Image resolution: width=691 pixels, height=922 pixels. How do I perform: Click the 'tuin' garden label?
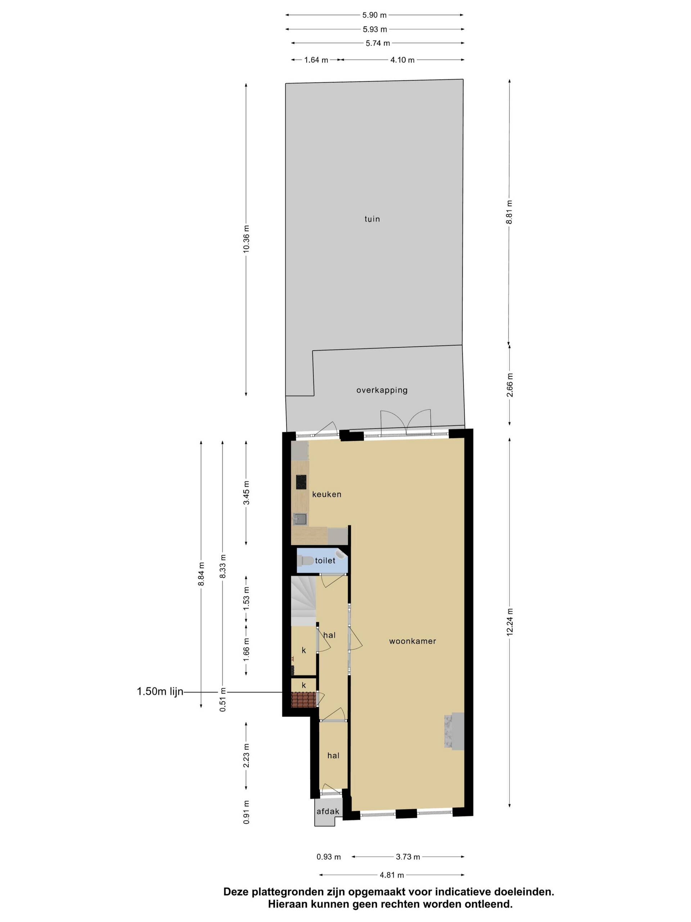pyautogui.click(x=372, y=219)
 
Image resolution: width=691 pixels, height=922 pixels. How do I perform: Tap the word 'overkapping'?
pyautogui.click(x=382, y=390)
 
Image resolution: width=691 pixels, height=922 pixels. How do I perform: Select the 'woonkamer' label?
pyautogui.click(x=412, y=641)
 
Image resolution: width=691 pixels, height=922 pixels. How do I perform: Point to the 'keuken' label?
pyautogui.click(x=326, y=494)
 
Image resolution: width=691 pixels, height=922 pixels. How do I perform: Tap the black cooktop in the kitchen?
pyautogui.click(x=301, y=482)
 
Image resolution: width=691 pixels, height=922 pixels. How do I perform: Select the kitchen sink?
pyautogui.click(x=300, y=519)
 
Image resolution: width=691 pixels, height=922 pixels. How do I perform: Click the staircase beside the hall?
pyautogui.click(x=303, y=600)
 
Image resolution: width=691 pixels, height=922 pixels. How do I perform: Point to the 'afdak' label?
pyautogui.click(x=328, y=811)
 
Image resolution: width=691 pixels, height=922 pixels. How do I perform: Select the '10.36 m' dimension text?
pyautogui.click(x=246, y=239)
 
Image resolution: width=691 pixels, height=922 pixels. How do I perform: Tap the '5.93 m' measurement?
pyautogui.click(x=375, y=29)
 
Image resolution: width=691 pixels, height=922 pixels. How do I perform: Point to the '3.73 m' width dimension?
pyautogui.click(x=408, y=856)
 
